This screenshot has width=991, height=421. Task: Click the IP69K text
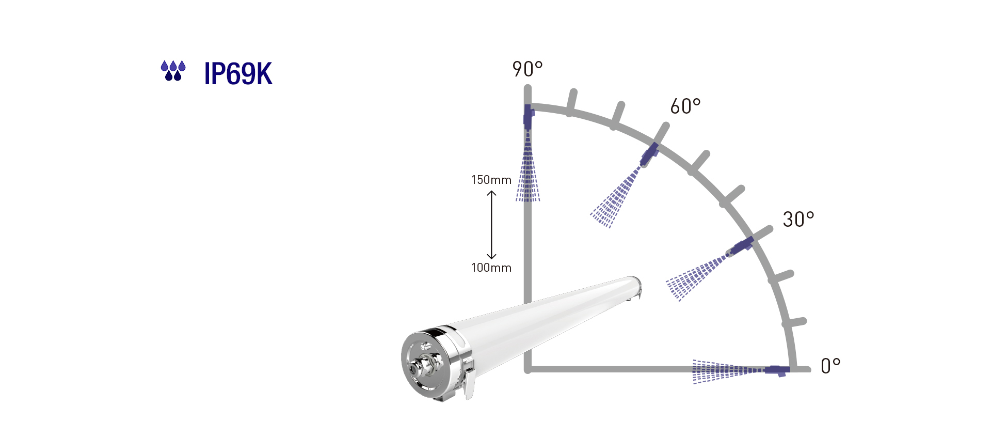[238, 74]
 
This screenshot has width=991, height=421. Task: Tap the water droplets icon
[173, 71]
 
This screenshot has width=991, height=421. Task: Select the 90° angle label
[527, 69]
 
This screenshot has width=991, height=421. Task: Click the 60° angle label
[685, 106]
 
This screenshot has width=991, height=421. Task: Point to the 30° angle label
[798, 220]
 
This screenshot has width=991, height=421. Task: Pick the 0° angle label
[830, 366]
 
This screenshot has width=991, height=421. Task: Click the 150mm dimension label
[491, 180]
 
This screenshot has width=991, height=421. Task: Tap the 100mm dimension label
[491, 268]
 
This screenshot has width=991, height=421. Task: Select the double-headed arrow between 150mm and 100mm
[491, 224]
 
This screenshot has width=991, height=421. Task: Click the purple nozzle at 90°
[528, 117]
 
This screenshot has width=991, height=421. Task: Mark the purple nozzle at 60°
[649, 153]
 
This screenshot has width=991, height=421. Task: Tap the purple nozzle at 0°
[777, 370]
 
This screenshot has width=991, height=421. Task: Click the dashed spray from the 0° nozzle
[723, 371]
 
